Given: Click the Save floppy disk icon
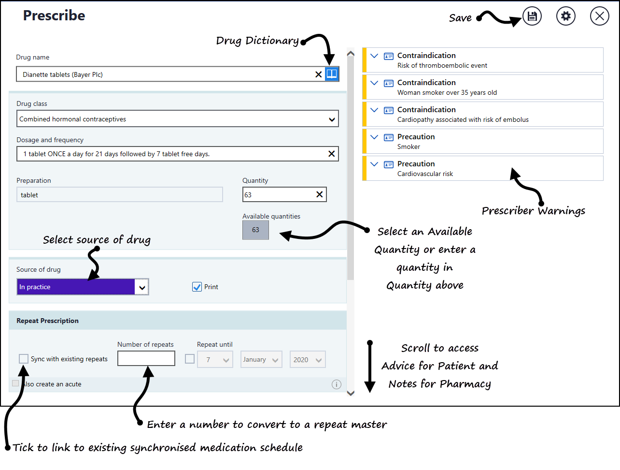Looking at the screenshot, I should (x=532, y=16).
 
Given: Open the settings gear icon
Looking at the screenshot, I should (x=566, y=16).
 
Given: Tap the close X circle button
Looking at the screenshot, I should (x=600, y=16).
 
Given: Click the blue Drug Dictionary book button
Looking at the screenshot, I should (x=332, y=74).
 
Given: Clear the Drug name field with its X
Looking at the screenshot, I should (x=318, y=74).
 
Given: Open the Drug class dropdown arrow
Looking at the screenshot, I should (x=332, y=119).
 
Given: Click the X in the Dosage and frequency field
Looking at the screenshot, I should (x=331, y=154).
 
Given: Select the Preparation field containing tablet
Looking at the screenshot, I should (x=119, y=195).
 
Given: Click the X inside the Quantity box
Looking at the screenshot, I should (x=319, y=194).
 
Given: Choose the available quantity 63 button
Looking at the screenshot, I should (x=255, y=230).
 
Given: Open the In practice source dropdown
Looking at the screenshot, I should (x=142, y=287).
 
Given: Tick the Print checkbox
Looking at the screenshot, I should (x=197, y=287).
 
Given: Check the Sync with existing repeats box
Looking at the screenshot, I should (x=24, y=359).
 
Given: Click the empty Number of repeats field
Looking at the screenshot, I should (x=146, y=359).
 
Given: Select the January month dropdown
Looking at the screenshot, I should (x=261, y=360).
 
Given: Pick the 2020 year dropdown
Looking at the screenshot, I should (x=308, y=360).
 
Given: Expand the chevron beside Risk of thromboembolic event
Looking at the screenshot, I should (x=374, y=56).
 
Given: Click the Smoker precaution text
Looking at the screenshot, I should (x=409, y=147).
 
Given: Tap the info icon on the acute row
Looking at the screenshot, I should (x=337, y=384).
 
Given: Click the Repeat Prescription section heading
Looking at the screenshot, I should (x=47, y=321).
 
